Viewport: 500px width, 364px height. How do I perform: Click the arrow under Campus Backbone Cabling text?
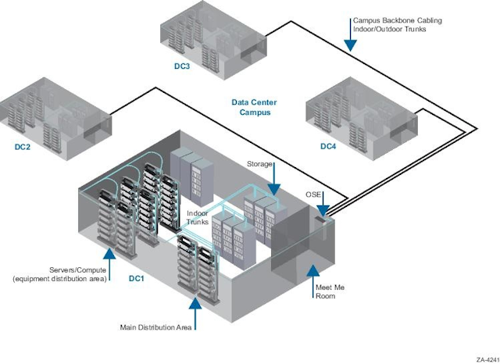click(351, 40)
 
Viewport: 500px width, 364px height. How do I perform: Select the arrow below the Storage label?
click(274, 181)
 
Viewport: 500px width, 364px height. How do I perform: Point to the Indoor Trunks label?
click(198, 218)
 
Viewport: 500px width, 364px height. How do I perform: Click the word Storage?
click(259, 164)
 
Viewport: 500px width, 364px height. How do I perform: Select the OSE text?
click(312, 193)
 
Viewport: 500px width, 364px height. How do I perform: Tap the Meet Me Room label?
click(328, 292)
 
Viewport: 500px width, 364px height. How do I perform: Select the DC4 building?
click(359, 113)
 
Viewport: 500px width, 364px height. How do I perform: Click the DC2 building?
click(55, 113)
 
